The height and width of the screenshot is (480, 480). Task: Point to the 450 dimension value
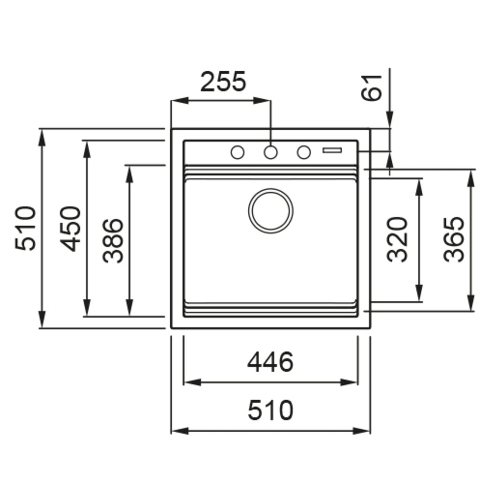tap(71, 228)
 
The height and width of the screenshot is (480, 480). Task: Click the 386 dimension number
tap(113, 240)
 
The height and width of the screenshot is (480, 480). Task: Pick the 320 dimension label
tap(397, 239)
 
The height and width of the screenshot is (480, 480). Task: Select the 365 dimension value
tap(454, 239)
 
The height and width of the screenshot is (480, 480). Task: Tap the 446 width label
tap(270, 362)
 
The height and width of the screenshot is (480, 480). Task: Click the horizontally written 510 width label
tap(270, 411)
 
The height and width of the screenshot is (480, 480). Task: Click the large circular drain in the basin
tap(271, 210)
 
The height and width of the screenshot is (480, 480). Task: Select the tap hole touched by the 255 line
tap(270, 152)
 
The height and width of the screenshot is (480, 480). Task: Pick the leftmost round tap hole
tap(238, 152)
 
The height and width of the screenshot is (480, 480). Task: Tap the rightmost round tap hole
tap(304, 152)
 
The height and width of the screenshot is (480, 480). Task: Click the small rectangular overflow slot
tap(332, 150)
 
